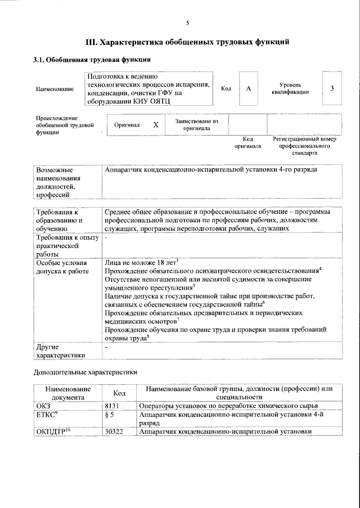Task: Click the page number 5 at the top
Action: (x=188, y=23)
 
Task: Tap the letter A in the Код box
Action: (x=248, y=88)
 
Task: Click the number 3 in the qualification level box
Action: (x=332, y=88)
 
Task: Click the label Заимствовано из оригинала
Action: (x=196, y=124)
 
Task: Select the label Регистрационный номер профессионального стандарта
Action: (x=304, y=145)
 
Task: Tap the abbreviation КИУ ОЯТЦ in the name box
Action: (x=152, y=101)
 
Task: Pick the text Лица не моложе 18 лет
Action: (x=141, y=262)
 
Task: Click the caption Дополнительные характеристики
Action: (x=85, y=372)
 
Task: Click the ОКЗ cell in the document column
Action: (x=43, y=406)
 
